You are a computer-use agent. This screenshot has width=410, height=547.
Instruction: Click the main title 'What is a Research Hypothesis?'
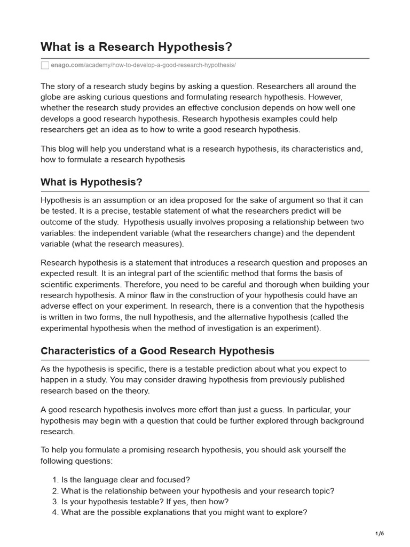(x=136, y=47)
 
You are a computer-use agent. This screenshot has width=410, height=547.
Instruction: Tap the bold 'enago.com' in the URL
(x=66, y=65)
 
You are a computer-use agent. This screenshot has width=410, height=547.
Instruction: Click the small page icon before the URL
(x=45, y=65)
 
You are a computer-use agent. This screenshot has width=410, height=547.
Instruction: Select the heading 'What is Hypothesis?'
(x=91, y=182)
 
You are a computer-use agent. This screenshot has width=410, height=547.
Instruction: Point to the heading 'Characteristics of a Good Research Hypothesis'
(x=157, y=351)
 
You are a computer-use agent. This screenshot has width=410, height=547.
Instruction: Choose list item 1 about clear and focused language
(x=125, y=480)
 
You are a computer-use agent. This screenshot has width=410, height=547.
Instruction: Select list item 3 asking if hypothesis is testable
(x=145, y=502)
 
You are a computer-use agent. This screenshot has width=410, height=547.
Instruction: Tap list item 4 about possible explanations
(x=184, y=512)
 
